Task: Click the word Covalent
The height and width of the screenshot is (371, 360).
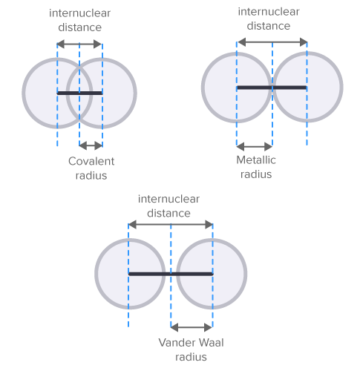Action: click(91, 161)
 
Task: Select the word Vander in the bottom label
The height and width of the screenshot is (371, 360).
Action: click(175, 342)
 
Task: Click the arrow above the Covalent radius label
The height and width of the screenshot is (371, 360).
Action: click(91, 145)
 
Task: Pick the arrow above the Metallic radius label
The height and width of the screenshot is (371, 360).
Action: click(255, 145)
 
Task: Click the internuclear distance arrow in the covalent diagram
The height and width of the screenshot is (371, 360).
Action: click(79, 45)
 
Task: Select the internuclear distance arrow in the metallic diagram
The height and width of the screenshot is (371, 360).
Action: click(272, 43)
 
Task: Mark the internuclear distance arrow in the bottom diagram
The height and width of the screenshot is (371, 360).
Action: click(170, 224)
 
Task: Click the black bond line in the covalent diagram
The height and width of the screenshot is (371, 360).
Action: click(79, 93)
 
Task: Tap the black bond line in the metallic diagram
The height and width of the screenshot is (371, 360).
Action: click(272, 88)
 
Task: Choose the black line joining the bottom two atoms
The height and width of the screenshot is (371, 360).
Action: click(170, 274)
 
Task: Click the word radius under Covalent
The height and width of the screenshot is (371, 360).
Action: click(91, 176)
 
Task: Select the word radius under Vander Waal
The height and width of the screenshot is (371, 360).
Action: click(191, 356)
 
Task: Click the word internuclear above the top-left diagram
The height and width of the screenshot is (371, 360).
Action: click(76, 13)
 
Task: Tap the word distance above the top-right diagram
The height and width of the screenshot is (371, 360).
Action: click(269, 26)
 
